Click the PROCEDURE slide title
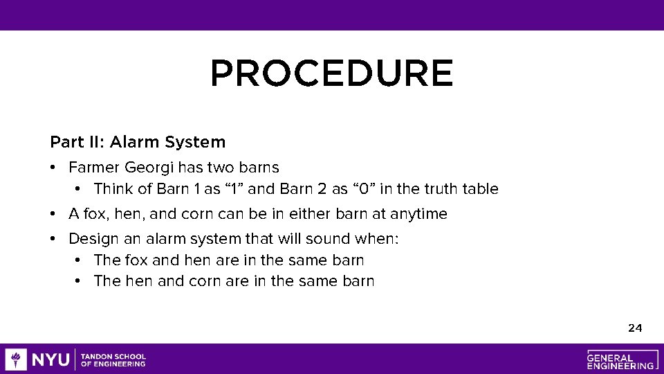(331, 74)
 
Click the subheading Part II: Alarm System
(138, 142)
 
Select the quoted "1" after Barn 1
(233, 189)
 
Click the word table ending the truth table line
(481, 189)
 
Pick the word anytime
(418, 214)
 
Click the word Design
(90, 239)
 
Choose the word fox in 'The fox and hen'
(135, 260)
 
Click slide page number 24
(635, 328)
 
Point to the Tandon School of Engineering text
(113, 359)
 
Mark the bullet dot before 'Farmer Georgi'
(53, 168)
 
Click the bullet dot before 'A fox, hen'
(53, 214)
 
